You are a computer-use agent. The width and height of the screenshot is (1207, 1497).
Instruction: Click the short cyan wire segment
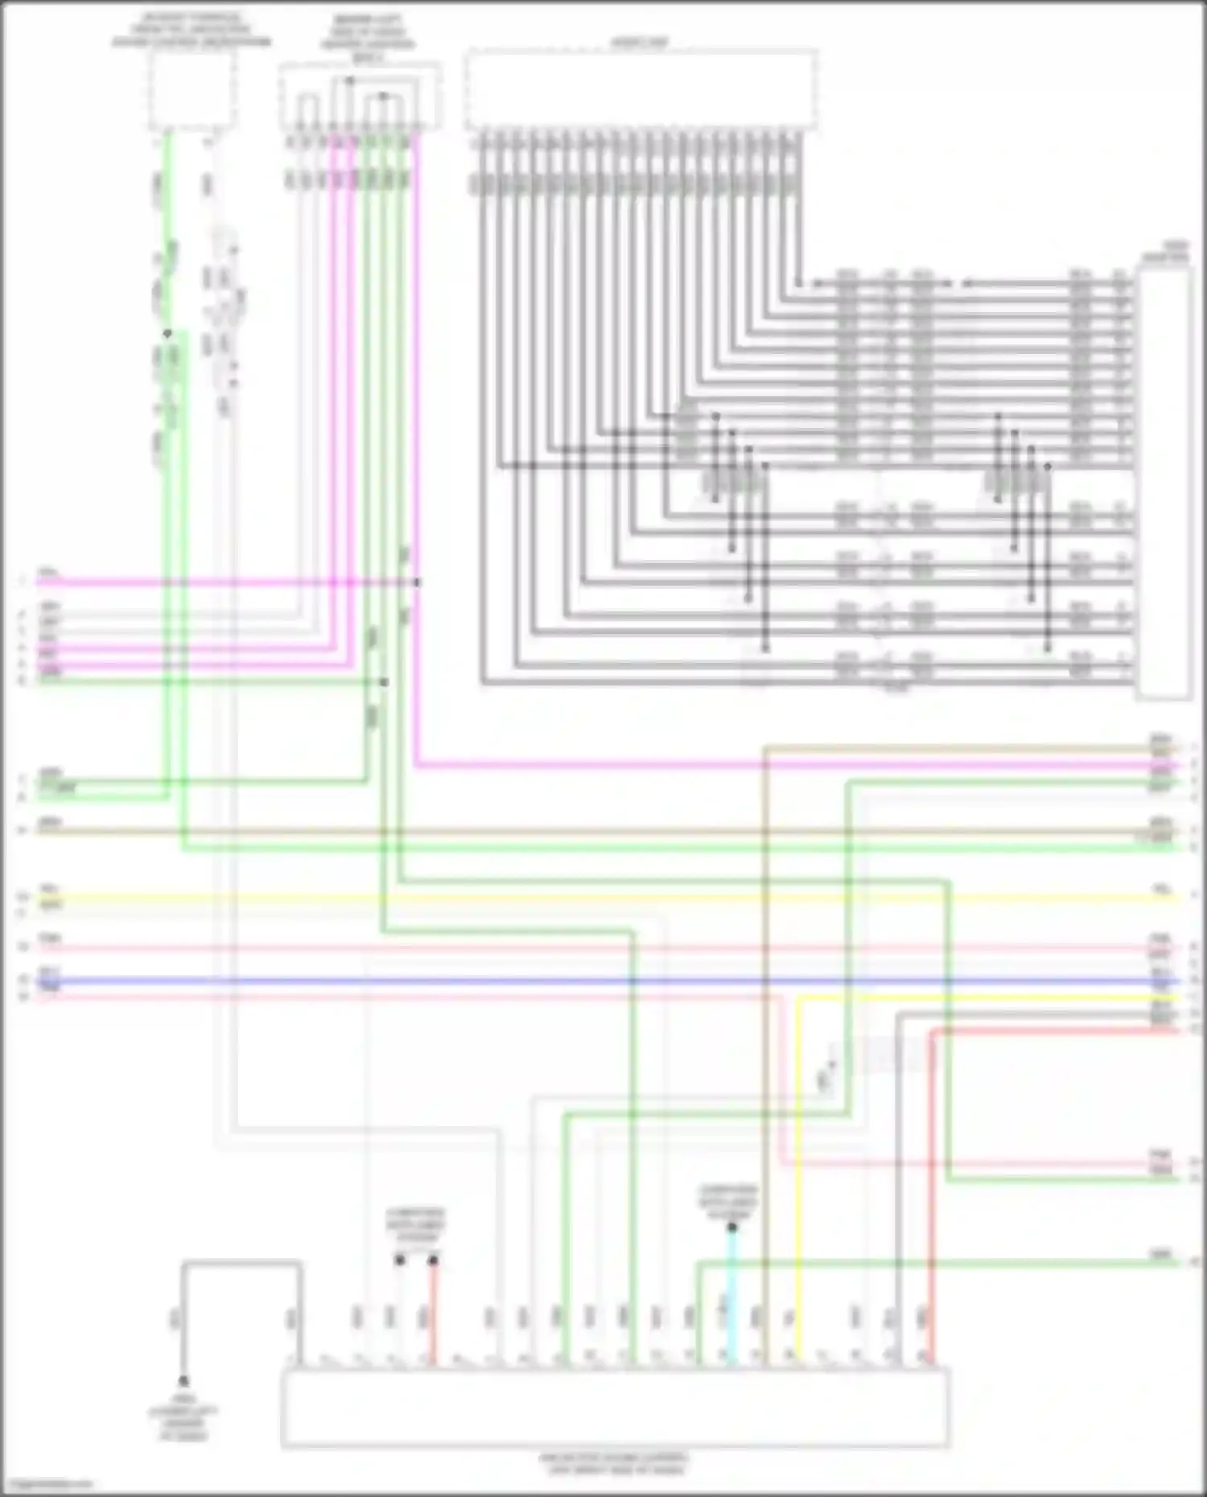pyautogui.click(x=731, y=1295)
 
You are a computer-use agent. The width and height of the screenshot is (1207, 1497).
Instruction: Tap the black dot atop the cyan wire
pyautogui.click(x=732, y=1228)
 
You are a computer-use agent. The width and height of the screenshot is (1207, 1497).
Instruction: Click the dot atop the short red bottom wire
pyautogui.click(x=433, y=1260)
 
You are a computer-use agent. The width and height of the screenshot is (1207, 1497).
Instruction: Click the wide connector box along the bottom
pyautogui.click(x=615, y=1408)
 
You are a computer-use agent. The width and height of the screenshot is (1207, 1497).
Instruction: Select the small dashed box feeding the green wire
pyautogui.click(x=192, y=90)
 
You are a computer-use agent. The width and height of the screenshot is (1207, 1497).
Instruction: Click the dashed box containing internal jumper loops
pyautogui.click(x=360, y=96)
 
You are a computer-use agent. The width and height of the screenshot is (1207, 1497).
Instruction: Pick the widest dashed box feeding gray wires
pyautogui.click(x=641, y=88)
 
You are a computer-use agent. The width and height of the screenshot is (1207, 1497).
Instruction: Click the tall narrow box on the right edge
pyautogui.click(x=1163, y=483)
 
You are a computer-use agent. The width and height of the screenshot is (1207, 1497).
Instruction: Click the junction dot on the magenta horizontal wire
pyautogui.click(x=417, y=582)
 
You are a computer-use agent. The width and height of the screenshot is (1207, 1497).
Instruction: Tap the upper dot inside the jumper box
pyautogui.click(x=349, y=80)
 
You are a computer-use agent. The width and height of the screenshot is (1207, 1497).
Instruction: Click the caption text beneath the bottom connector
pyautogui.click(x=615, y=1464)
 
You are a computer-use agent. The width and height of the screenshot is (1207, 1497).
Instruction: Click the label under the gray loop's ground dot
pyautogui.click(x=183, y=1418)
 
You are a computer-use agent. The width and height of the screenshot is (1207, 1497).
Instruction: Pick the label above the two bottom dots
pyautogui.click(x=416, y=1224)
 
